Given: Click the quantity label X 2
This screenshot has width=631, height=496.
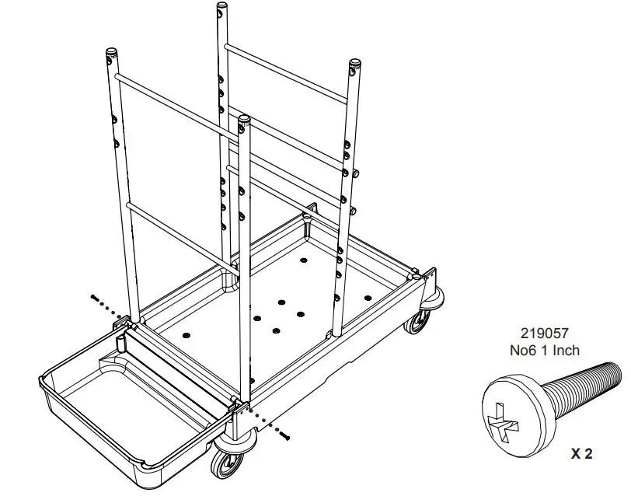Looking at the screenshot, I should tap(581, 454).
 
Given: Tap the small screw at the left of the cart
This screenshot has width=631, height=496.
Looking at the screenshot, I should tap(93, 298).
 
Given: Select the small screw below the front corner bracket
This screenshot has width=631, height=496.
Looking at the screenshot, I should tap(285, 437).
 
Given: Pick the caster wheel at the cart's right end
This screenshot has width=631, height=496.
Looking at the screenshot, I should tap(420, 321).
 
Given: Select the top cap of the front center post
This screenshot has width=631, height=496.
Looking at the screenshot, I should tap(244, 120).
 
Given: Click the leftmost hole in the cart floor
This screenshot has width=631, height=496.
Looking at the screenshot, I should tap(185, 334).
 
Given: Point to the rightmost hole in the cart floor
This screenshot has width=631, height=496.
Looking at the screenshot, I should tap(368, 297).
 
